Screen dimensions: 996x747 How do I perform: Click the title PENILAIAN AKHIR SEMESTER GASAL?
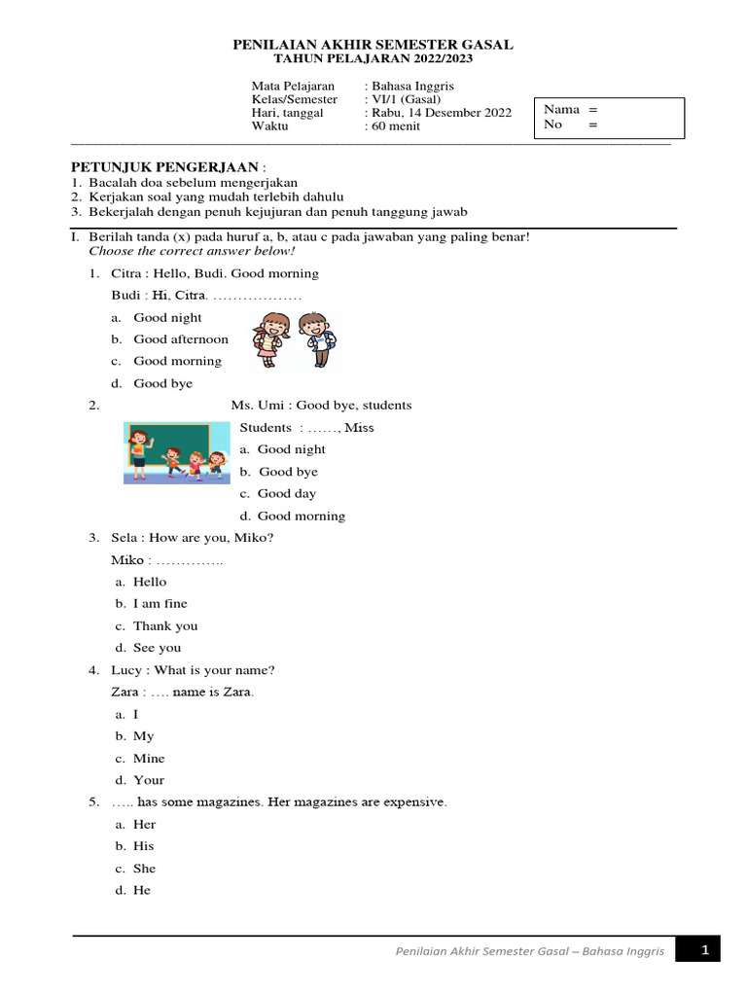(373, 45)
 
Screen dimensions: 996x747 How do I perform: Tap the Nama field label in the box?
(561, 110)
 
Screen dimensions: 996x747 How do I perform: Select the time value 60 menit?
(394, 126)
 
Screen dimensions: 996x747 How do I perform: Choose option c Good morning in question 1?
(177, 361)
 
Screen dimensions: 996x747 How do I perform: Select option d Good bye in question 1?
(162, 383)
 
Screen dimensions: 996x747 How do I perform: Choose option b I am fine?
(160, 604)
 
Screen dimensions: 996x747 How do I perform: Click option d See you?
(157, 648)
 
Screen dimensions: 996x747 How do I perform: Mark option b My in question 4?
(143, 736)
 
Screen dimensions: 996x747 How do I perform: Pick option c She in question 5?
(144, 869)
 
